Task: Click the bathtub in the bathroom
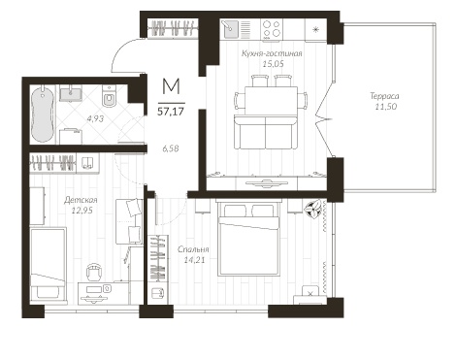pos(43,115)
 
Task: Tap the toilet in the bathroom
pos(110,96)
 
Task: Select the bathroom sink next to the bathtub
pos(71,93)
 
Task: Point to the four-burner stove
pos(272,29)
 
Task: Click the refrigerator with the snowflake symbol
pos(316,30)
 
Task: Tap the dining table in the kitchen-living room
pos(271,100)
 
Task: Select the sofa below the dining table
pos(266,132)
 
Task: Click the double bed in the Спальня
pos(248,239)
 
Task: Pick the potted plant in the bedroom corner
pos(314,208)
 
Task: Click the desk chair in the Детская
pos(95,272)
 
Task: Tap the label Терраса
pos(384,96)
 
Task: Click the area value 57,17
pos(171,112)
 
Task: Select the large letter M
pos(171,86)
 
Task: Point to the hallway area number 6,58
pos(171,148)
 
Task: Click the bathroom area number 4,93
pos(95,119)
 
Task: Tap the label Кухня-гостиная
pos(272,53)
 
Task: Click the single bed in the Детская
pos(49,265)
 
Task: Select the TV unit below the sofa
pos(266,183)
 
